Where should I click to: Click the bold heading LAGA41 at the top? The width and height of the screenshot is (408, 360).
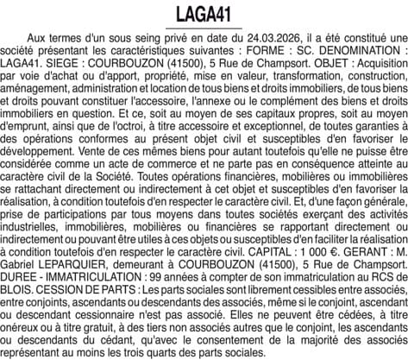[x=204, y=15]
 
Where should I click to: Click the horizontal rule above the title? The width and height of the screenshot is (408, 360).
[x=204, y=2]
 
